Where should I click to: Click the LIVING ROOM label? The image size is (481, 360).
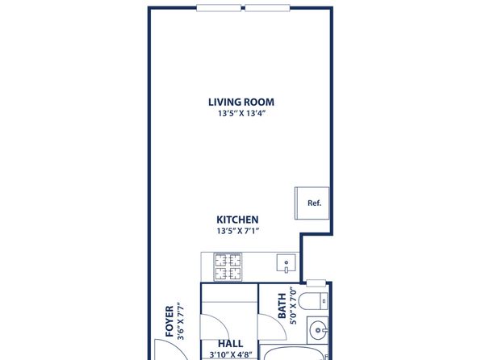click(241, 103)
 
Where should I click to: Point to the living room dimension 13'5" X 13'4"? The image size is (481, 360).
click(241, 114)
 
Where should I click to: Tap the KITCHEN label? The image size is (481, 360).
click(237, 220)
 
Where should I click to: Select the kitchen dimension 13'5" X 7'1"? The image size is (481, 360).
click(238, 231)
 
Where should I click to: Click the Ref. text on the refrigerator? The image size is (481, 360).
click(315, 203)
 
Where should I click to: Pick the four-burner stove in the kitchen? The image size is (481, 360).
click(228, 267)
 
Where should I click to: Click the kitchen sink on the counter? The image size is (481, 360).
click(287, 263)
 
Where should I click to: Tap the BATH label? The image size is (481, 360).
click(282, 306)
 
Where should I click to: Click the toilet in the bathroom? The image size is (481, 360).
click(313, 301)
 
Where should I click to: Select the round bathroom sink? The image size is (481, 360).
click(318, 330)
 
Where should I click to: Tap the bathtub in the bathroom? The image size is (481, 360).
click(295, 352)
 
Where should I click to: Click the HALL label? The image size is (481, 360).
click(230, 343)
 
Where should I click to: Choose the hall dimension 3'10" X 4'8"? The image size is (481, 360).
click(231, 355)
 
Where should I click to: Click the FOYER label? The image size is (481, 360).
click(169, 321)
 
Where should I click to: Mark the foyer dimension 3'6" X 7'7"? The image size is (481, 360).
click(181, 321)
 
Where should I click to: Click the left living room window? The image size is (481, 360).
click(219, 8)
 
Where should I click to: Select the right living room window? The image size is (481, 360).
click(267, 8)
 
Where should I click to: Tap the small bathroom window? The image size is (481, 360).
click(316, 283)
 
